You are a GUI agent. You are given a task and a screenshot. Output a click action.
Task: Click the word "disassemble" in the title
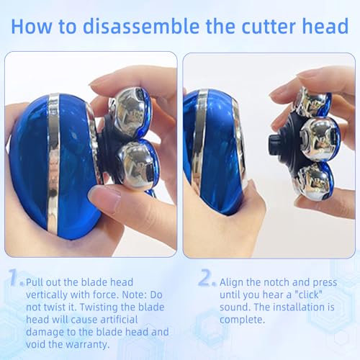(141, 26)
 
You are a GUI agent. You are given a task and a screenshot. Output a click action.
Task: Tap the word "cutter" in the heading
(268, 26)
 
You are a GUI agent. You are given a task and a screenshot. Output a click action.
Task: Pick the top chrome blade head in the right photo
(312, 103)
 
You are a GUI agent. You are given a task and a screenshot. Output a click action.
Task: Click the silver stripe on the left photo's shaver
(54, 163)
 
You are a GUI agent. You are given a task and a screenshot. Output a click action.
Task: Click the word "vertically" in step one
(46, 295)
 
